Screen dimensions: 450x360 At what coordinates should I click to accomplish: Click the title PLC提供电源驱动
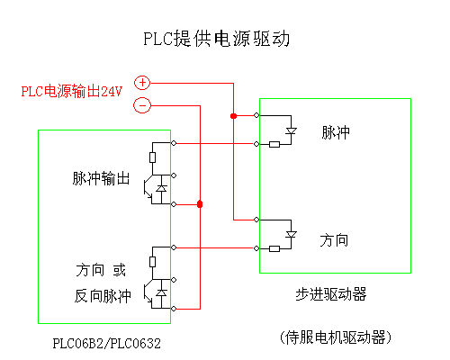tap(216, 39)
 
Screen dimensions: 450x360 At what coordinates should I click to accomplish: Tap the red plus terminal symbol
tap(142, 83)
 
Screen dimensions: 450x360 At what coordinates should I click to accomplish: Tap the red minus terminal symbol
tap(142, 105)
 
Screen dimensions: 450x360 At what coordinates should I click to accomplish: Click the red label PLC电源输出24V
tap(72, 91)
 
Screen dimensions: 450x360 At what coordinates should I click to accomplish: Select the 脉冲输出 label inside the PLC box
tap(101, 178)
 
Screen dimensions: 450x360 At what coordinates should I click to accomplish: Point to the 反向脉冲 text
tap(103, 296)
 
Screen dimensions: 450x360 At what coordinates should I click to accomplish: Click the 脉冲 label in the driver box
tap(336, 132)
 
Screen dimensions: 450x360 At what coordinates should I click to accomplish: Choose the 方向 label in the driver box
tap(334, 240)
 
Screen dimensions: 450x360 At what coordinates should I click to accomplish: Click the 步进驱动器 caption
tap(331, 294)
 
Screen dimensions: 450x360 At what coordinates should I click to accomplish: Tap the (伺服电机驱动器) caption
tap(336, 337)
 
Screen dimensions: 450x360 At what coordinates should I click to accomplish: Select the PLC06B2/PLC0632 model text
tap(107, 344)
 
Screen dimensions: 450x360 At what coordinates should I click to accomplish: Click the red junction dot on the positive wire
tap(233, 116)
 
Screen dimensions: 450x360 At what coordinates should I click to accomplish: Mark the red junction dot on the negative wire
tap(200, 204)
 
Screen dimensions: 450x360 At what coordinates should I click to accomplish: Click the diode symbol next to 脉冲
tap(291, 131)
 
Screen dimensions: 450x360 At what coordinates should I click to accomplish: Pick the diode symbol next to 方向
tap(291, 235)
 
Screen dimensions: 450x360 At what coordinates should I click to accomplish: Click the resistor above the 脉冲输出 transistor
tap(152, 157)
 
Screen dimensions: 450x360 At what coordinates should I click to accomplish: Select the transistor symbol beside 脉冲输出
tap(148, 189)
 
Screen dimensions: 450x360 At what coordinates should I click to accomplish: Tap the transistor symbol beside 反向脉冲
tap(148, 293)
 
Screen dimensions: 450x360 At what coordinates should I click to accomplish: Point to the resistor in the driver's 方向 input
tap(274, 248)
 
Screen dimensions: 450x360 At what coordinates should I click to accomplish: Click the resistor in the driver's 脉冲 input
tap(274, 145)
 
